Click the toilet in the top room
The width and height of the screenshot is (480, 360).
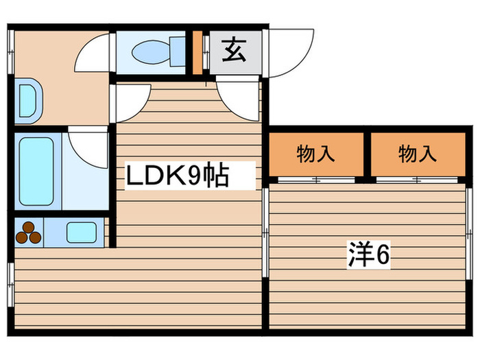[x=156, y=51]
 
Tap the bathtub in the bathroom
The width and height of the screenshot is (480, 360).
[x=36, y=170]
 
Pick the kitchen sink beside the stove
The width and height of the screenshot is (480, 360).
[x=81, y=232]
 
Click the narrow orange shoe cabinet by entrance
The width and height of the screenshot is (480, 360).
[x=197, y=52]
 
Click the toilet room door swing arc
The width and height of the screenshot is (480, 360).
[x=95, y=53]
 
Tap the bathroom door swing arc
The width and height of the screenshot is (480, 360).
[x=88, y=146]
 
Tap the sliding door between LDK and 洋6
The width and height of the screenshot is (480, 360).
[x=265, y=233]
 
